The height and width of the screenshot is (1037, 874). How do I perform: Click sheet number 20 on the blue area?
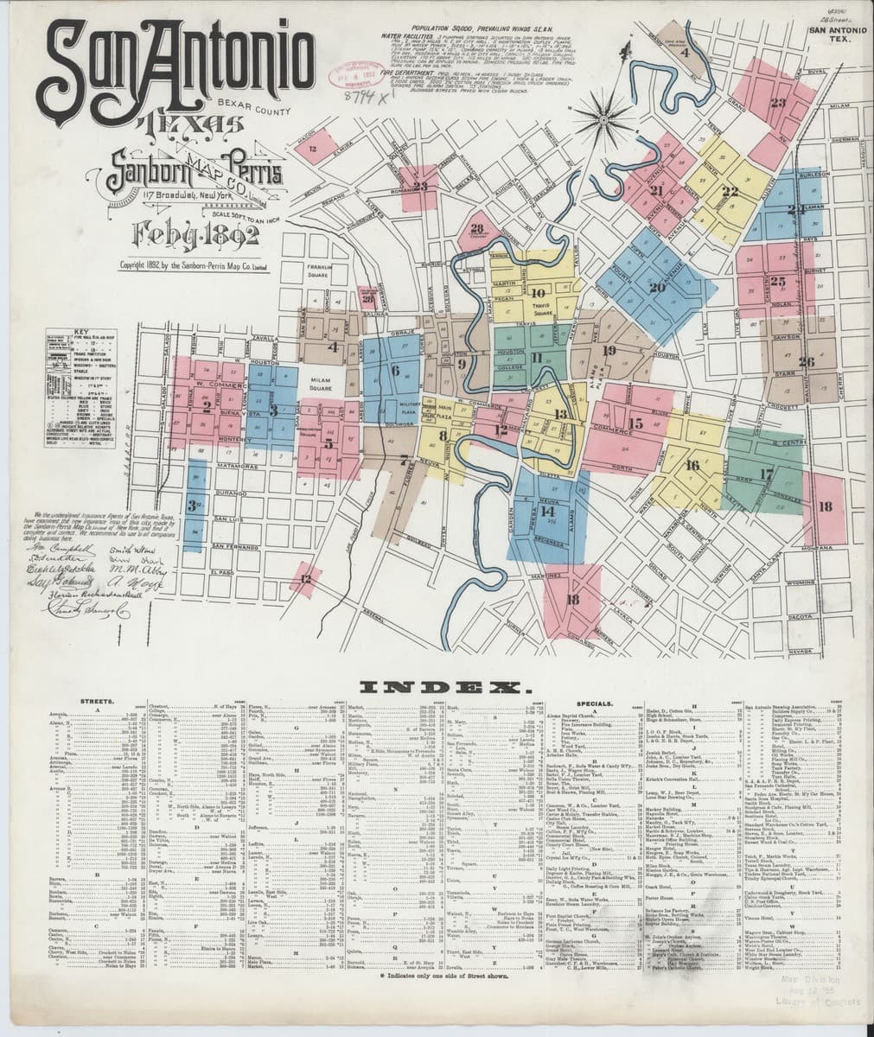pyautogui.click(x=657, y=287)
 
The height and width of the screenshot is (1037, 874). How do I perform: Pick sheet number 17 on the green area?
pyautogui.click(x=766, y=474)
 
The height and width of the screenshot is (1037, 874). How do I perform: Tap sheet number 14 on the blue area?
pyautogui.click(x=548, y=512)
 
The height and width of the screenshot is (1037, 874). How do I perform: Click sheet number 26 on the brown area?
pyautogui.click(x=806, y=361)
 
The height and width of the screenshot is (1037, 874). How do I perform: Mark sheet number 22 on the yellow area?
pyautogui.click(x=730, y=191)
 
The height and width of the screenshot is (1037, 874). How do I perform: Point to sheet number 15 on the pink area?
pyautogui.click(x=636, y=423)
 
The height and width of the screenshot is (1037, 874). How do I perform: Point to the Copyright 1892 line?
pyautogui.click(x=196, y=265)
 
